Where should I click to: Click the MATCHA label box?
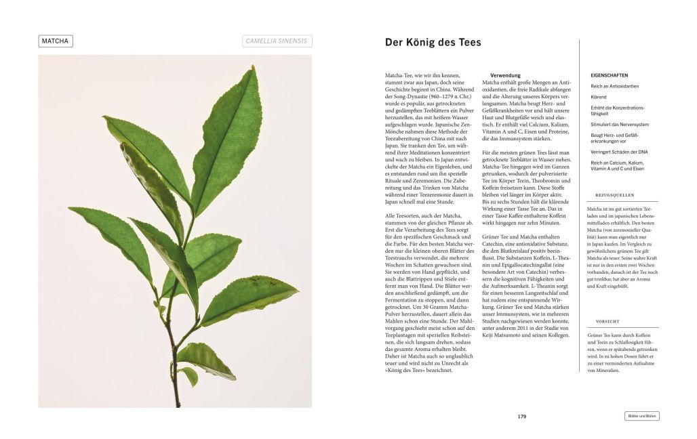tap(56, 41)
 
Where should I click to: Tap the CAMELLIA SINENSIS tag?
tap(277, 41)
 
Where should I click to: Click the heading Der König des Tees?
tap(433, 42)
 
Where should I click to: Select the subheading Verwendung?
tap(505, 75)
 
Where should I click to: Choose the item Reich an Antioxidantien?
tap(614, 86)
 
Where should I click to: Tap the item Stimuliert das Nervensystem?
tap(619, 125)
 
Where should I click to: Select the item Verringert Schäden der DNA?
tap(618, 152)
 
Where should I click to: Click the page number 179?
tap(521, 417)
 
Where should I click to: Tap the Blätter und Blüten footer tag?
tap(641, 417)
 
